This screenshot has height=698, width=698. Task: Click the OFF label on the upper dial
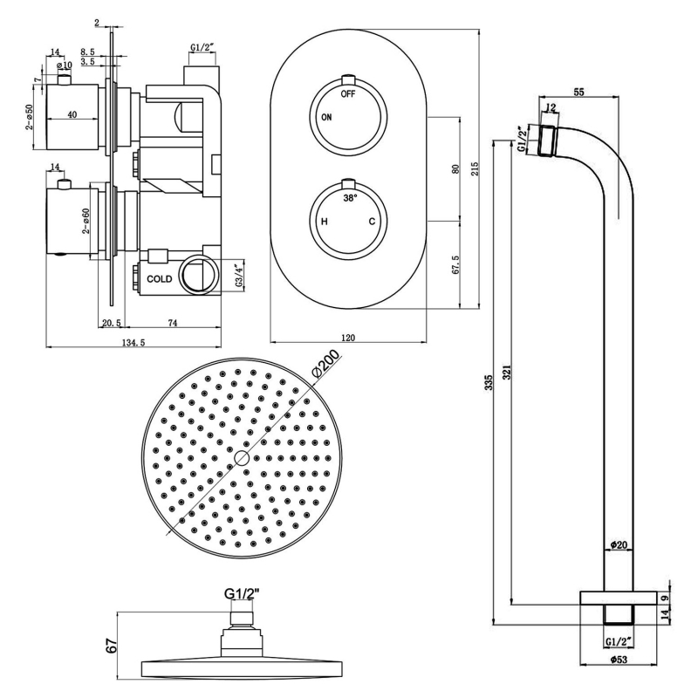[x=348, y=92]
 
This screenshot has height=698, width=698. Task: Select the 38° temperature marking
[x=349, y=199]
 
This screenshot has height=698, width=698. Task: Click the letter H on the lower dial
[x=325, y=222]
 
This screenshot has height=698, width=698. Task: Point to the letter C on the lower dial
[x=372, y=222]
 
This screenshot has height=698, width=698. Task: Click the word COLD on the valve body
[x=160, y=279]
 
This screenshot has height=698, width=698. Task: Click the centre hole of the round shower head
[x=242, y=458]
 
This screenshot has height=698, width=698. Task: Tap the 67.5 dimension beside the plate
[x=455, y=263]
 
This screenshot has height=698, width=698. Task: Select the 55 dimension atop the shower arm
[x=579, y=90]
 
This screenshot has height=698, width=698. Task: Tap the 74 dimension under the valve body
[x=172, y=323]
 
